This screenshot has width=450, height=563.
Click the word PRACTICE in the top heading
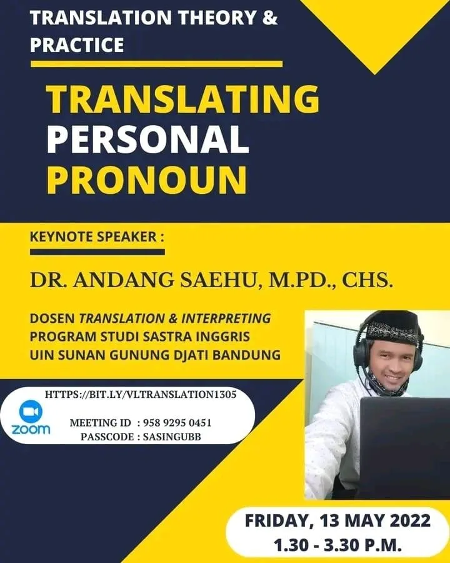tap(77, 45)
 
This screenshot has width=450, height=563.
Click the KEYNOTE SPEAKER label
tap(96, 238)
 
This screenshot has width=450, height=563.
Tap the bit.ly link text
tap(141, 395)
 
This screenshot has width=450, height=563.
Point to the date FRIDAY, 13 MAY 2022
tap(337, 520)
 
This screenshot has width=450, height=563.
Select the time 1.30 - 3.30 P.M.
tap(337, 544)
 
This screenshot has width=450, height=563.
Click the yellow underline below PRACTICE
tap(156, 63)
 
